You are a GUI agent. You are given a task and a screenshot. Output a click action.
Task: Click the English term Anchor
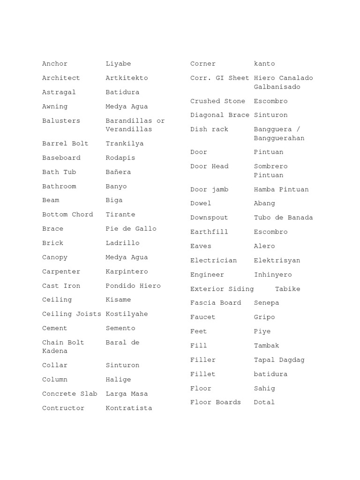click(55, 64)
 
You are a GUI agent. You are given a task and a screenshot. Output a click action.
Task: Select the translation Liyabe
click(118, 64)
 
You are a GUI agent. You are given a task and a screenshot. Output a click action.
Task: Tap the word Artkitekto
click(127, 78)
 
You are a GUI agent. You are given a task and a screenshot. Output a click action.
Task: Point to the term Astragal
click(59, 92)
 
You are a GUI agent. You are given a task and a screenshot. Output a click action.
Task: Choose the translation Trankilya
click(125, 143)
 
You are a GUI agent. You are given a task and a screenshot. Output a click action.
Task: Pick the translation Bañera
click(118, 172)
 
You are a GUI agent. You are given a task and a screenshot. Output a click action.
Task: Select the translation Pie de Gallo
click(131, 229)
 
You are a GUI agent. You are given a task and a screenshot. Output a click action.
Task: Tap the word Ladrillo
click(122, 243)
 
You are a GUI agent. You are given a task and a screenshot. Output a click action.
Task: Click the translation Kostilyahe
click(127, 314)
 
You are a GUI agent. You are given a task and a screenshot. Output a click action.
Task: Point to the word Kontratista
click(129, 408)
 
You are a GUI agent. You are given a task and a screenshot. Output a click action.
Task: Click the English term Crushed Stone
click(217, 101)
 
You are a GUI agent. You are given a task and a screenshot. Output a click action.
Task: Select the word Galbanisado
click(277, 87)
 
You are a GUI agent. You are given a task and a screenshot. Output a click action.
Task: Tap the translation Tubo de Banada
click(283, 217)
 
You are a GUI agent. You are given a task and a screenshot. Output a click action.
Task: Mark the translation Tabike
click(287, 289)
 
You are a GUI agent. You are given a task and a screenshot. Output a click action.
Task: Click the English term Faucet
click(202, 317)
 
